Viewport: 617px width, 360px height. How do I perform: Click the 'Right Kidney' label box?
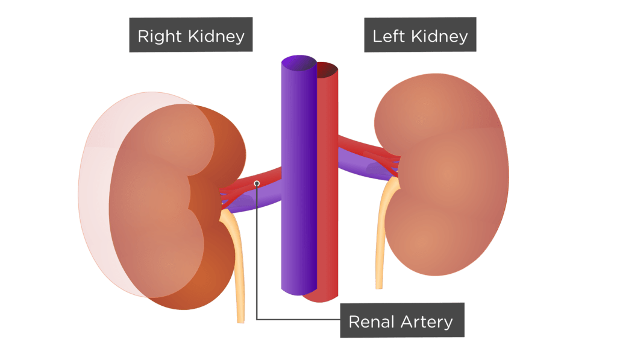(191, 34)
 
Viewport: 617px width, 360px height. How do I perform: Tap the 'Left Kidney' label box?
(420, 34)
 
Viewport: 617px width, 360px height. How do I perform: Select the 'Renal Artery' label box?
(402, 320)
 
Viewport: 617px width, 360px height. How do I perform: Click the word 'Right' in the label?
(159, 37)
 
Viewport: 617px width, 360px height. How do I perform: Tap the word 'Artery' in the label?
(427, 323)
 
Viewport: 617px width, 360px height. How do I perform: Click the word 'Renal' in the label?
(371, 322)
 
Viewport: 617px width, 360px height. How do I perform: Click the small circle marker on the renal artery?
(257, 183)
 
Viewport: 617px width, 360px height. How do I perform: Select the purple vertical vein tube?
(299, 175)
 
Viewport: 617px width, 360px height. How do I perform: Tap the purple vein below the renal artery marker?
(255, 201)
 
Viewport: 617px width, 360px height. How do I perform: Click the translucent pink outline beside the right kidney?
(96, 189)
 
